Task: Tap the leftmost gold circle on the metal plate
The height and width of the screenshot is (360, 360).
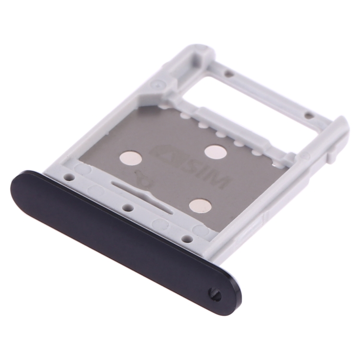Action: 130,160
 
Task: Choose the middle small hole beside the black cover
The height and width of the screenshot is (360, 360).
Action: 128,207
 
